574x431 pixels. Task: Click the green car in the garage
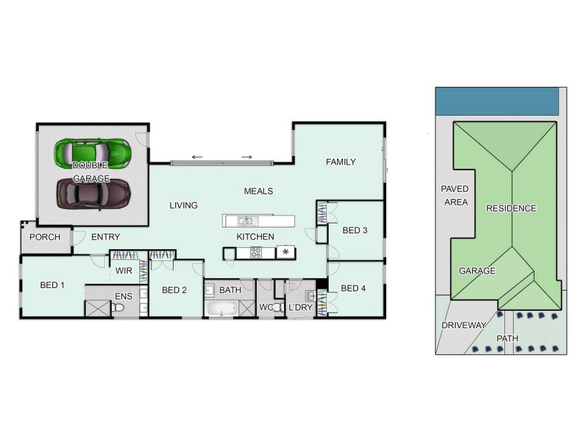tap(93, 152)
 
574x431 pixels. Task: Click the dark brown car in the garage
tap(93, 193)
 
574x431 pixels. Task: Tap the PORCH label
tap(44, 237)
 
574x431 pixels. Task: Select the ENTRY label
tap(105, 237)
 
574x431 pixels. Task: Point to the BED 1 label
tap(52, 285)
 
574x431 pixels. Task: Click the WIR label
tap(123, 271)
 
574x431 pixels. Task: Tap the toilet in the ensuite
tap(119, 308)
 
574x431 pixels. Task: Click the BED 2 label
tap(174, 290)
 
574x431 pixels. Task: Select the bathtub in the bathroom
tap(221, 310)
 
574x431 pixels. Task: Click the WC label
tap(266, 308)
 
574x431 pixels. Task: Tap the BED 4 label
tap(354, 289)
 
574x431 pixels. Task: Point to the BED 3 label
tap(354, 231)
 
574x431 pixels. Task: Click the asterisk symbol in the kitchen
tap(285, 252)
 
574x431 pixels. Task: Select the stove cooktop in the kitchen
tap(256, 252)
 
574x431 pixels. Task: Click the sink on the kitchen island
tap(246, 221)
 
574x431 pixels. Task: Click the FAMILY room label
tap(341, 162)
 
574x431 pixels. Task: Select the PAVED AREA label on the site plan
tap(455, 195)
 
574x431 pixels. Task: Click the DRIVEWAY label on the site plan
tap(464, 325)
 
